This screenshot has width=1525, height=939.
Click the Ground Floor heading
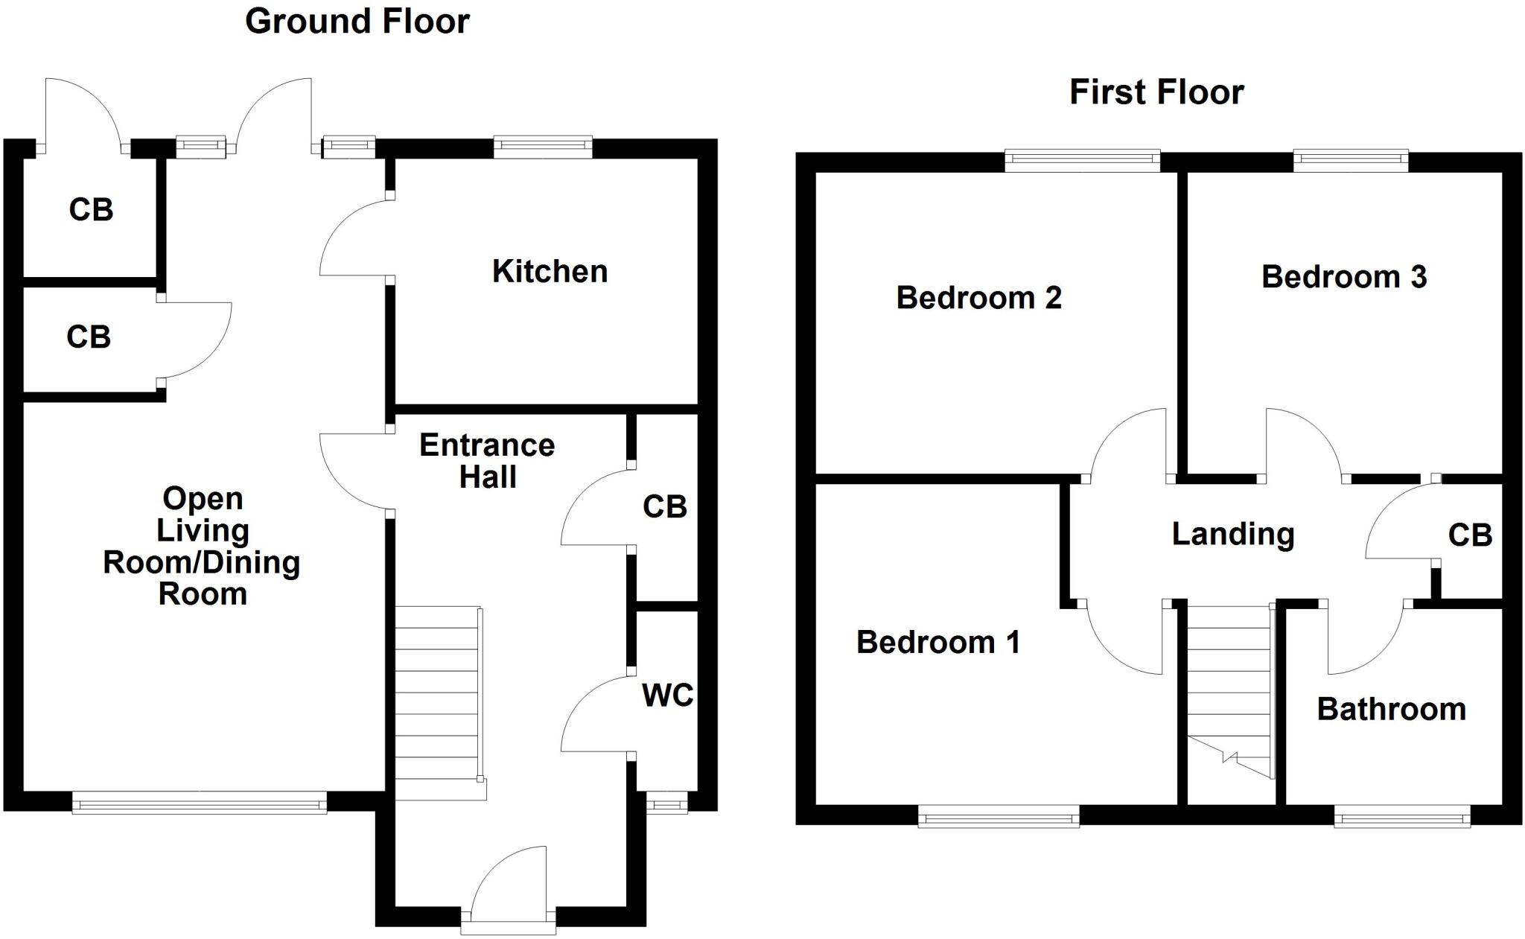click(x=357, y=21)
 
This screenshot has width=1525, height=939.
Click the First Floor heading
click(x=1156, y=92)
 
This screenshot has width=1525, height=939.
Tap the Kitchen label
click(x=550, y=271)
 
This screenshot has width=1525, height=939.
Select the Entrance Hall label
click(x=487, y=461)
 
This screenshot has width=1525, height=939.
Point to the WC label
click(x=667, y=696)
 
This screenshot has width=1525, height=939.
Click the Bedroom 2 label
click(x=978, y=298)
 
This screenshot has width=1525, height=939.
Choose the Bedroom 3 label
click(x=1343, y=277)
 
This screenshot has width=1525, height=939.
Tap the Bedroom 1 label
click(x=938, y=642)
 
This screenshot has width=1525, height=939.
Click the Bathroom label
click(x=1391, y=709)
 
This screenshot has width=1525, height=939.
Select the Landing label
click(x=1233, y=534)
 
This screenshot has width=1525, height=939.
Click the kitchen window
click(x=543, y=147)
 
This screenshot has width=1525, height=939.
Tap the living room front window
click(x=199, y=804)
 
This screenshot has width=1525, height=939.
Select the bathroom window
click(x=1401, y=820)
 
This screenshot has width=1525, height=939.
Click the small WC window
click(x=666, y=803)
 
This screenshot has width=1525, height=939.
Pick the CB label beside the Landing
click(x=1470, y=535)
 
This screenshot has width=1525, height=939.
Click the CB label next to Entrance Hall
click(x=664, y=507)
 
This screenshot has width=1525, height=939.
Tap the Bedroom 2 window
click(x=1082, y=159)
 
